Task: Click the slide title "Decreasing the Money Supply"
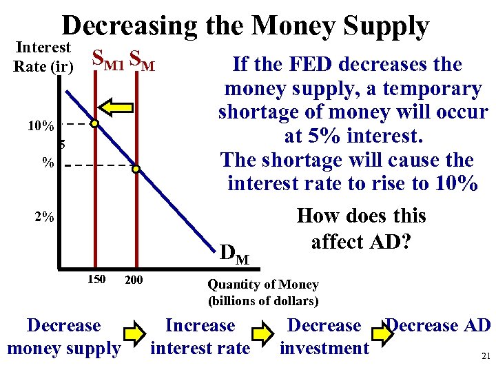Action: pyautogui.click(x=245, y=26)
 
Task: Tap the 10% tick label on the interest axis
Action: pyautogui.click(x=41, y=127)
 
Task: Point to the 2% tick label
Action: pyautogui.click(x=44, y=217)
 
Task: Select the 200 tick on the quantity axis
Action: pyautogui.click(x=134, y=280)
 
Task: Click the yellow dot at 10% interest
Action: pyautogui.click(x=95, y=125)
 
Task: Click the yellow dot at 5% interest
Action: pyautogui.click(x=136, y=169)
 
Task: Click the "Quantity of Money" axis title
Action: pyautogui.click(x=263, y=285)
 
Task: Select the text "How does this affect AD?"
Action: pyautogui.click(x=360, y=229)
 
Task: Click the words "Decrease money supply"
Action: pyautogui.click(x=63, y=337)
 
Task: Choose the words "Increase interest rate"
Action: pyautogui.click(x=200, y=337)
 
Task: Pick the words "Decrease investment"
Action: pyautogui.click(x=324, y=337)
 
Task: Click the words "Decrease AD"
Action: pyautogui.click(x=438, y=325)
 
